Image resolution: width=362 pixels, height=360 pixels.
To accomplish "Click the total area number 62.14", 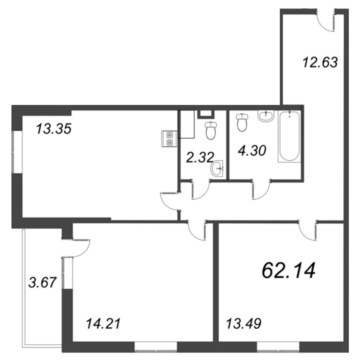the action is (x=288, y=271).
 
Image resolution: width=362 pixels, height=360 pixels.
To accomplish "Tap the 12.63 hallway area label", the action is (x=320, y=62).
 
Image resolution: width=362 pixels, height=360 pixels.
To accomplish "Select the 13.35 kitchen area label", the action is (x=54, y=129).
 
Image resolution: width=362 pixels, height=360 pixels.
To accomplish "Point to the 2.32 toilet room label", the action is (x=200, y=157).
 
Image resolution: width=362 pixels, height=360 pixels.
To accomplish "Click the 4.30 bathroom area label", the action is (x=252, y=150).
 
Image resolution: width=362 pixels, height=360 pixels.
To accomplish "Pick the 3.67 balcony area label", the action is (x=43, y=283).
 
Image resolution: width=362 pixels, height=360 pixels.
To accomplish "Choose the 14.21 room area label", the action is (x=103, y=323).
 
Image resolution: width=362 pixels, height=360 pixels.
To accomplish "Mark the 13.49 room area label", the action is (x=244, y=323).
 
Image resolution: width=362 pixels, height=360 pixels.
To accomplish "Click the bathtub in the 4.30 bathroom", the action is (x=290, y=136).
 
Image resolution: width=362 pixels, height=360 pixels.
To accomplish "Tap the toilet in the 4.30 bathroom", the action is (x=242, y=122).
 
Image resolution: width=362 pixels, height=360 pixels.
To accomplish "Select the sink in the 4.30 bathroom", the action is (x=266, y=115).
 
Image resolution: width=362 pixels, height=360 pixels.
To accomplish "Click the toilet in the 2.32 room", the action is (x=210, y=130).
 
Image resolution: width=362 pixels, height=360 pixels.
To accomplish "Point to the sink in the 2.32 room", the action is (x=217, y=168).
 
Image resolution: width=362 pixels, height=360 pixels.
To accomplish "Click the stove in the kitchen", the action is (x=169, y=139).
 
